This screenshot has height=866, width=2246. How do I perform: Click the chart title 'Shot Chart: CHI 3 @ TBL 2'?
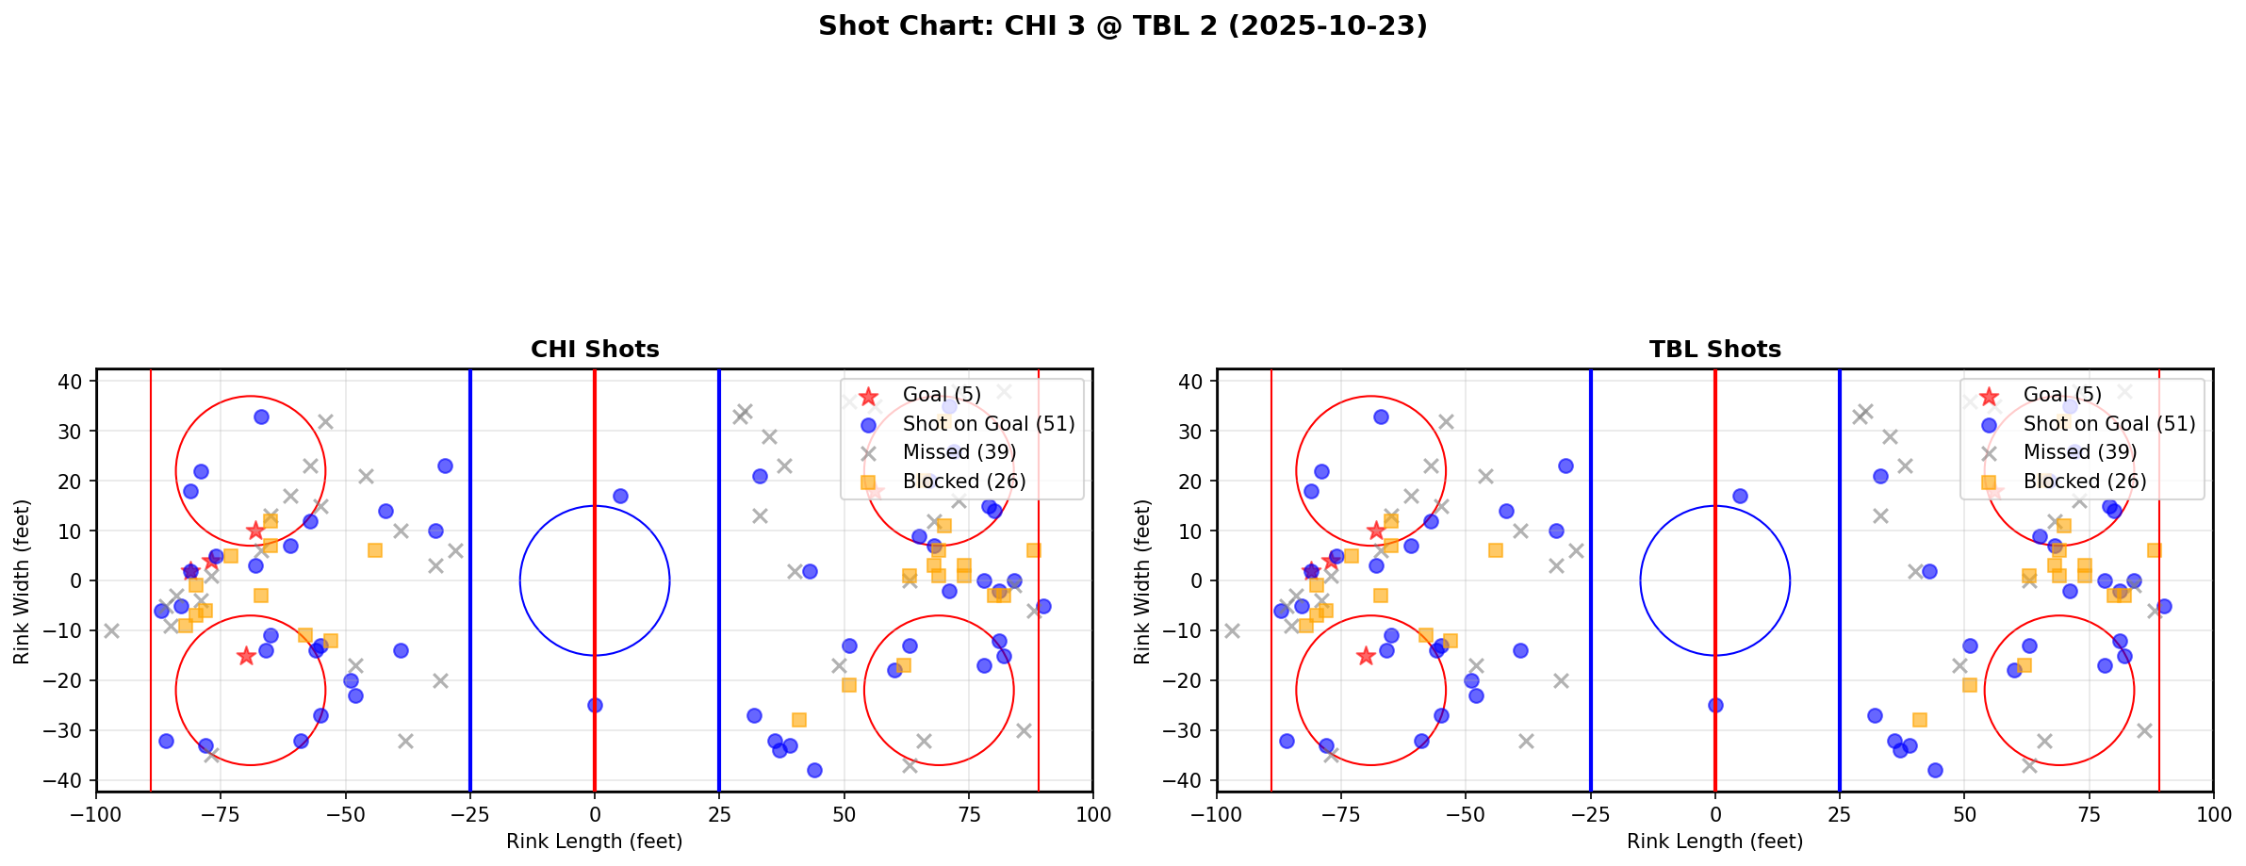(x=1123, y=26)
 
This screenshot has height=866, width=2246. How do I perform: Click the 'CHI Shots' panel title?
(x=595, y=350)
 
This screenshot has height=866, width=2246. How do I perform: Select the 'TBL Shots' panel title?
(x=1714, y=350)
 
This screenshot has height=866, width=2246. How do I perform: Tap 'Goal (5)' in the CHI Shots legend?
(x=942, y=395)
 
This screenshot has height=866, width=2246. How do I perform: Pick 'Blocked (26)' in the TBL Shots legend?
(x=2085, y=482)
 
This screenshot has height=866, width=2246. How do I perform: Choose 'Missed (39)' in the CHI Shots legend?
(x=959, y=452)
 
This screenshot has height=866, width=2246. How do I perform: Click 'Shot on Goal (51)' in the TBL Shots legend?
(x=2109, y=424)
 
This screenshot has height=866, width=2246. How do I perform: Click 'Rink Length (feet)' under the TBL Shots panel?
(x=1714, y=841)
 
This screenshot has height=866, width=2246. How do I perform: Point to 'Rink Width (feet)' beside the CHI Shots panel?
(x=22, y=581)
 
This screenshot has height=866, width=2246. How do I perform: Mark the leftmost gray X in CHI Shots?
(x=111, y=630)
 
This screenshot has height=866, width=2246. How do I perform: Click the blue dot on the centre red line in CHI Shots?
(x=595, y=705)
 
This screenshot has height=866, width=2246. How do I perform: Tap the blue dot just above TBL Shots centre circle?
(x=1740, y=496)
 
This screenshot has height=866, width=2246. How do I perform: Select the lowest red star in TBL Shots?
(x=1366, y=656)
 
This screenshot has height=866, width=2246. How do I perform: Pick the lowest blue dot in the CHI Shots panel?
(x=814, y=770)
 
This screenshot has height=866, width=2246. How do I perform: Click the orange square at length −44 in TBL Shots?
(x=1495, y=550)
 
